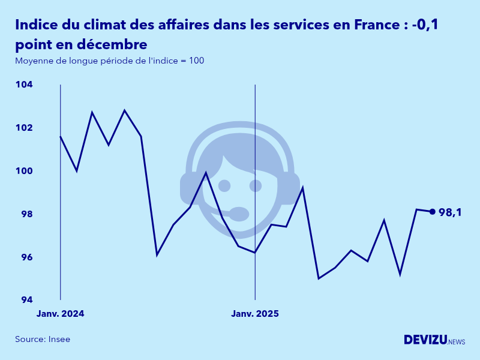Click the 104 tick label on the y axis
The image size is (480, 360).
24,85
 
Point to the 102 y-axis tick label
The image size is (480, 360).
24,128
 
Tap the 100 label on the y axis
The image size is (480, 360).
24,171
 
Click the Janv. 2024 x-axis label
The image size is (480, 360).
60,314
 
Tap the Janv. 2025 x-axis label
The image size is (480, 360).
255,314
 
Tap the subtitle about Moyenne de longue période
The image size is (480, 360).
110,61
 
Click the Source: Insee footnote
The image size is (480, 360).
43,339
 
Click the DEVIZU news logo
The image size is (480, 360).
434,340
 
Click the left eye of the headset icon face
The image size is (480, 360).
224,185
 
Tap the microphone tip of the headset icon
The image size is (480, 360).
239,214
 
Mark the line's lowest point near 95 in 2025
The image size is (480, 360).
319,278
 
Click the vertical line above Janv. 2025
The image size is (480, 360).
255,180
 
